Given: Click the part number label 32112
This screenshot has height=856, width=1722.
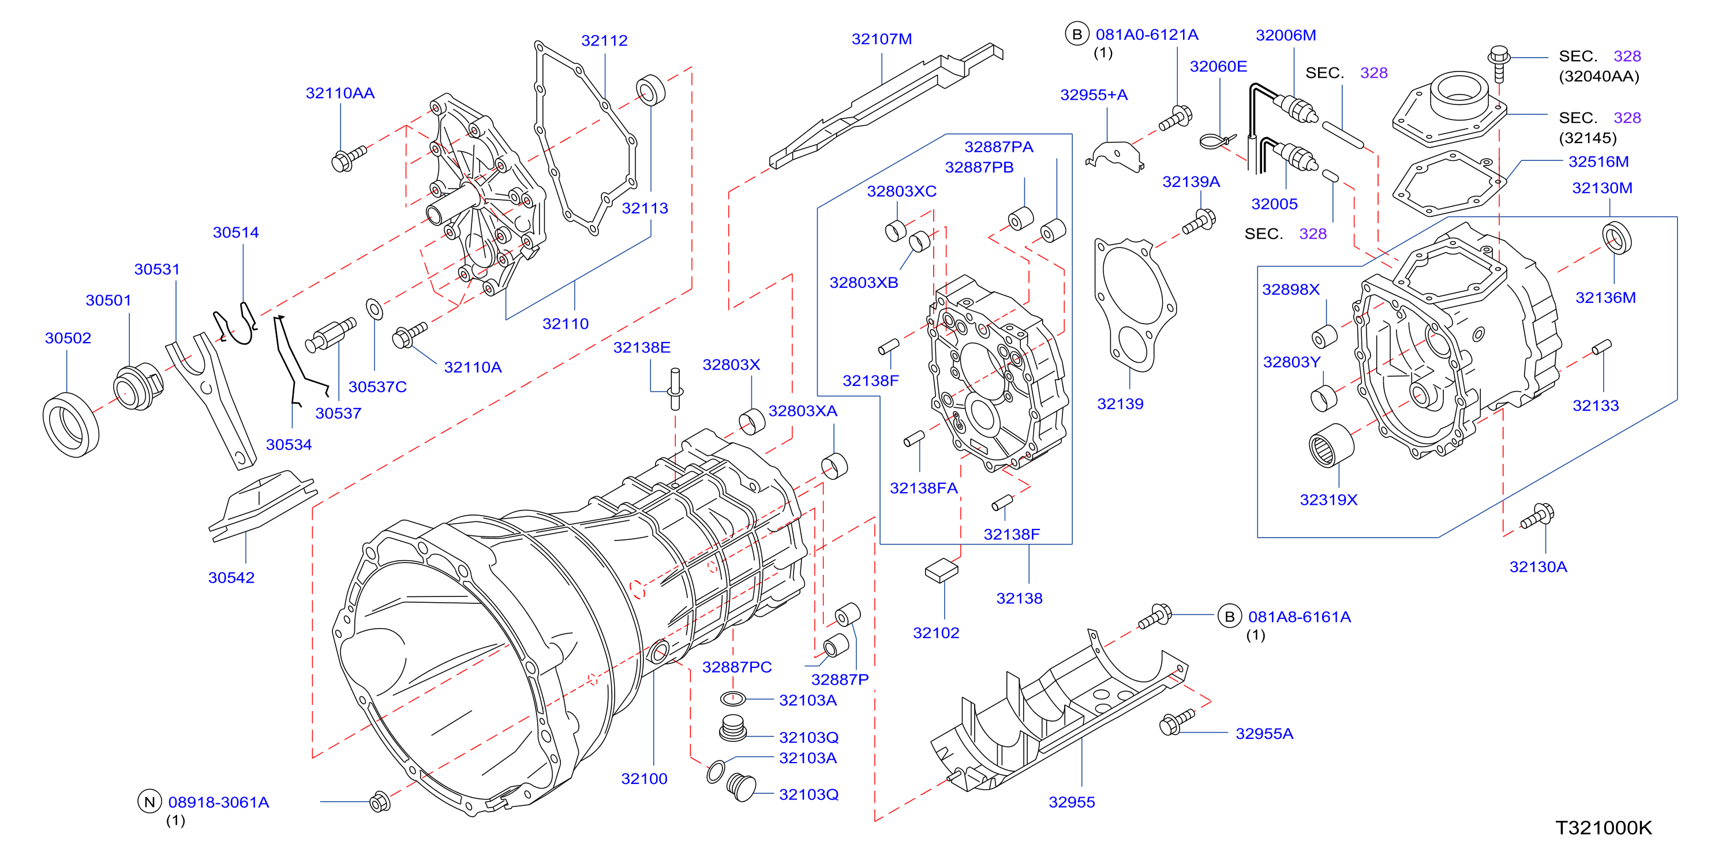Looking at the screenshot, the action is [x=604, y=41].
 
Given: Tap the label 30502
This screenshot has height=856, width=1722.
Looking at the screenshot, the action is [x=68, y=338].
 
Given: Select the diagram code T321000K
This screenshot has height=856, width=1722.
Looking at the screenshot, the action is [x=1604, y=828].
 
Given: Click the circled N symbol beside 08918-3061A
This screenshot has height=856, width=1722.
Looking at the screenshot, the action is [x=149, y=802].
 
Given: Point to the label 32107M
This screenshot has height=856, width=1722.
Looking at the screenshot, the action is [x=882, y=39].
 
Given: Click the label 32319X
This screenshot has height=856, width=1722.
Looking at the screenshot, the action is [x=1328, y=500].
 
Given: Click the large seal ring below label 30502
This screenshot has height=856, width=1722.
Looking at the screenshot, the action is [x=71, y=425].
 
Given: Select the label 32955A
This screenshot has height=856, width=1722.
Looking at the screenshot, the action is [x=1264, y=734].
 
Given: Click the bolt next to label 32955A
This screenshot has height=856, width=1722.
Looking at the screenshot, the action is [x=1177, y=722].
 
